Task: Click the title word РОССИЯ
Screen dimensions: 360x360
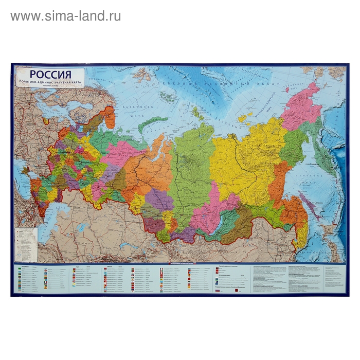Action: point(49,74)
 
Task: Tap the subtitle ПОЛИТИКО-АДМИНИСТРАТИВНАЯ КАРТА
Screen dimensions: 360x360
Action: point(49,82)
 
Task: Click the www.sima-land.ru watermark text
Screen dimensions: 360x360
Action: point(65,16)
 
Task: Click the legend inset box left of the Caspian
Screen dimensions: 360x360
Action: point(26,244)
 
